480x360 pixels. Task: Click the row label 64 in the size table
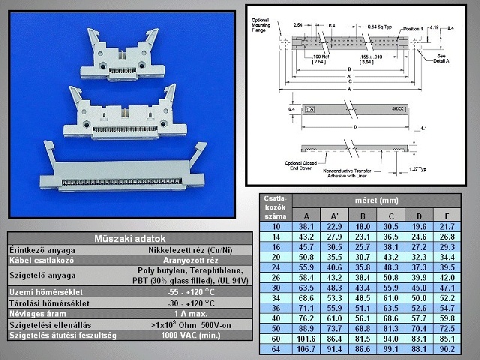coord(275,349)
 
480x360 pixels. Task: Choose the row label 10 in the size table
coord(275,226)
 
